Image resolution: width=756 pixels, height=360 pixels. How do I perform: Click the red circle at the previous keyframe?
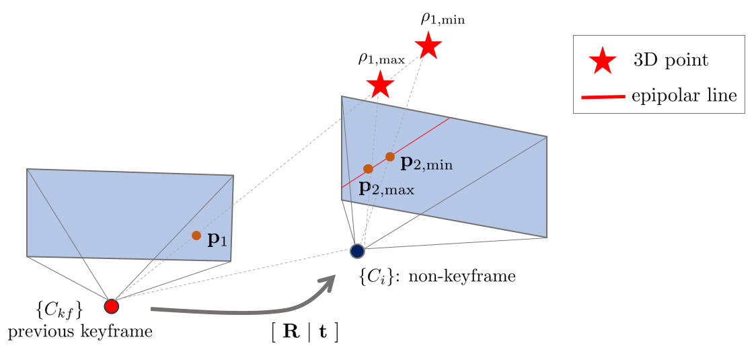(112, 306)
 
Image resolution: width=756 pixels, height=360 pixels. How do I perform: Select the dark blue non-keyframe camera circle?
(357, 251)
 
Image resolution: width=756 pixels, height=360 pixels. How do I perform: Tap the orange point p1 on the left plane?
(196, 236)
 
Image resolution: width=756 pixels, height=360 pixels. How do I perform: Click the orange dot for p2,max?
(368, 169)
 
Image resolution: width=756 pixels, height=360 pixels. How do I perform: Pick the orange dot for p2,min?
(390, 157)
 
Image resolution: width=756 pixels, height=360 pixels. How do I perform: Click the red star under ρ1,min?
(428, 46)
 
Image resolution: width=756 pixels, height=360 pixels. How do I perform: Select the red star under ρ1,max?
(381, 85)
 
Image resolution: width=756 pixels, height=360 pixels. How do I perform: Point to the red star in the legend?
(603, 62)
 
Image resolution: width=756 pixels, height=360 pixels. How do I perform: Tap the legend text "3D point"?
(671, 61)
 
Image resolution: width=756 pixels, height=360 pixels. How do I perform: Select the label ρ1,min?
(443, 18)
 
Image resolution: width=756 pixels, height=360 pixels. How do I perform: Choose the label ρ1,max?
(381, 59)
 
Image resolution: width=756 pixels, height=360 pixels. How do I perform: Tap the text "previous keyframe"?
(80, 331)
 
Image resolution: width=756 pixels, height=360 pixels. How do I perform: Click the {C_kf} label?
(59, 310)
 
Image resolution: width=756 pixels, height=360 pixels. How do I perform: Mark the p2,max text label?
(387, 188)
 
